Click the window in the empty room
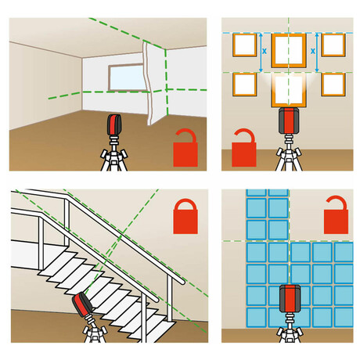tap(126, 77)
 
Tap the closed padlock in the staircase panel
tap(185, 217)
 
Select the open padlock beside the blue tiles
tap(336, 215)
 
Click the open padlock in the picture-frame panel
tap(244, 148)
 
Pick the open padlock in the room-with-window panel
tap(185, 148)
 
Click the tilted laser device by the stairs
tap(82, 304)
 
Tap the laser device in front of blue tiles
tap(290, 298)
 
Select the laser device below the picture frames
tap(289, 121)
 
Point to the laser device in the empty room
tap(114, 124)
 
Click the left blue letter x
tap(265, 51)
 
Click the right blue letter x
tap(313, 51)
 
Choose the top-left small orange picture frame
tap(244, 45)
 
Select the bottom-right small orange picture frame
tap(333, 85)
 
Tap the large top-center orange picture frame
tap(289, 51)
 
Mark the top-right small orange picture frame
tap(333, 45)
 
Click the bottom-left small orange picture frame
tap(244, 85)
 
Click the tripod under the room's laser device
tap(114, 153)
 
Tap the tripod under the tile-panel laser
tap(290, 327)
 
